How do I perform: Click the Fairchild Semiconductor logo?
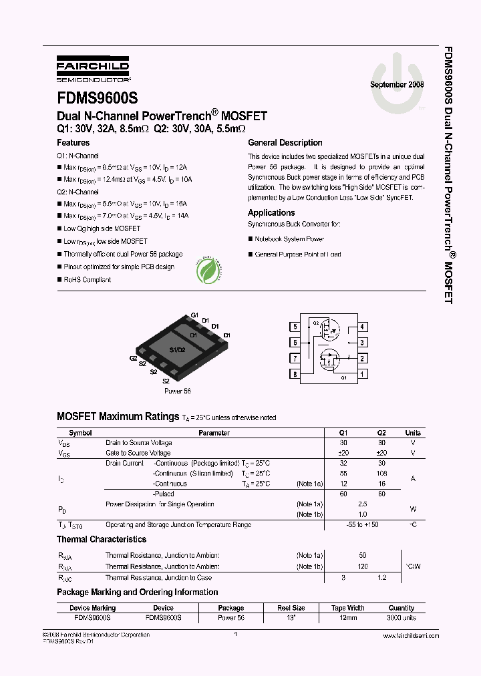93,67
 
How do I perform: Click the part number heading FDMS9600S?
98,96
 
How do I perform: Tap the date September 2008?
397,85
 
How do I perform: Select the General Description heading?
285,143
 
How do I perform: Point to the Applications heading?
271,213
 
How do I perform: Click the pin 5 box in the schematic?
295,327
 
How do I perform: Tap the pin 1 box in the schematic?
362,374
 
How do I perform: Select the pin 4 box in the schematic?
362,327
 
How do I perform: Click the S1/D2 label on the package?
176,350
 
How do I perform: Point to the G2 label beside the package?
134,358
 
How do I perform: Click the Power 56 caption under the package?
177,391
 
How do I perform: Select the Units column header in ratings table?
413,433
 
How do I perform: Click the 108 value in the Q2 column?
381,473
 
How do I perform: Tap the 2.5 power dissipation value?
363,504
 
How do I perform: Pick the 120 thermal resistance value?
363,566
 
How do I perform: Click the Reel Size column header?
291,608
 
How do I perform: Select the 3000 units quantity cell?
402,618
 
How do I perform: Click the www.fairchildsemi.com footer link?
411,636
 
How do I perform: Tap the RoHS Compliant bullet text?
87,280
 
